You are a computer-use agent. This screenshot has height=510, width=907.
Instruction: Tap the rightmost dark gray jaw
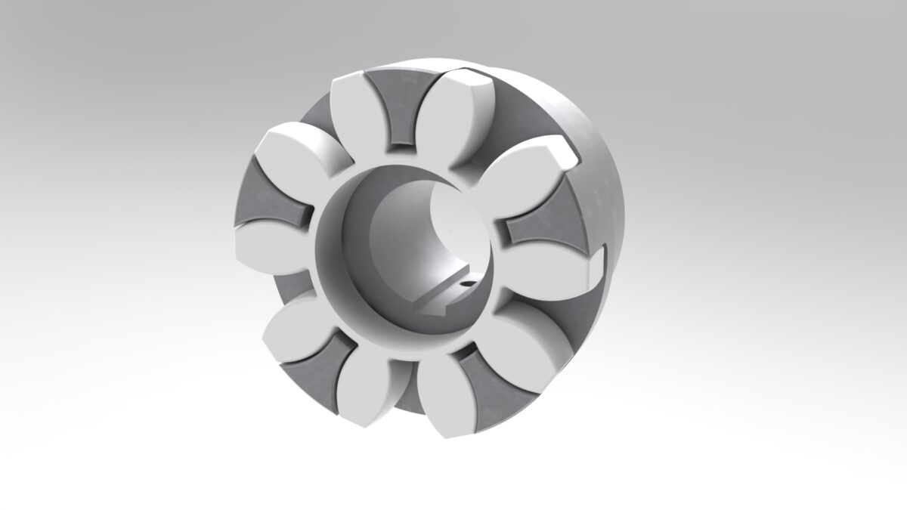point(546,227)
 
